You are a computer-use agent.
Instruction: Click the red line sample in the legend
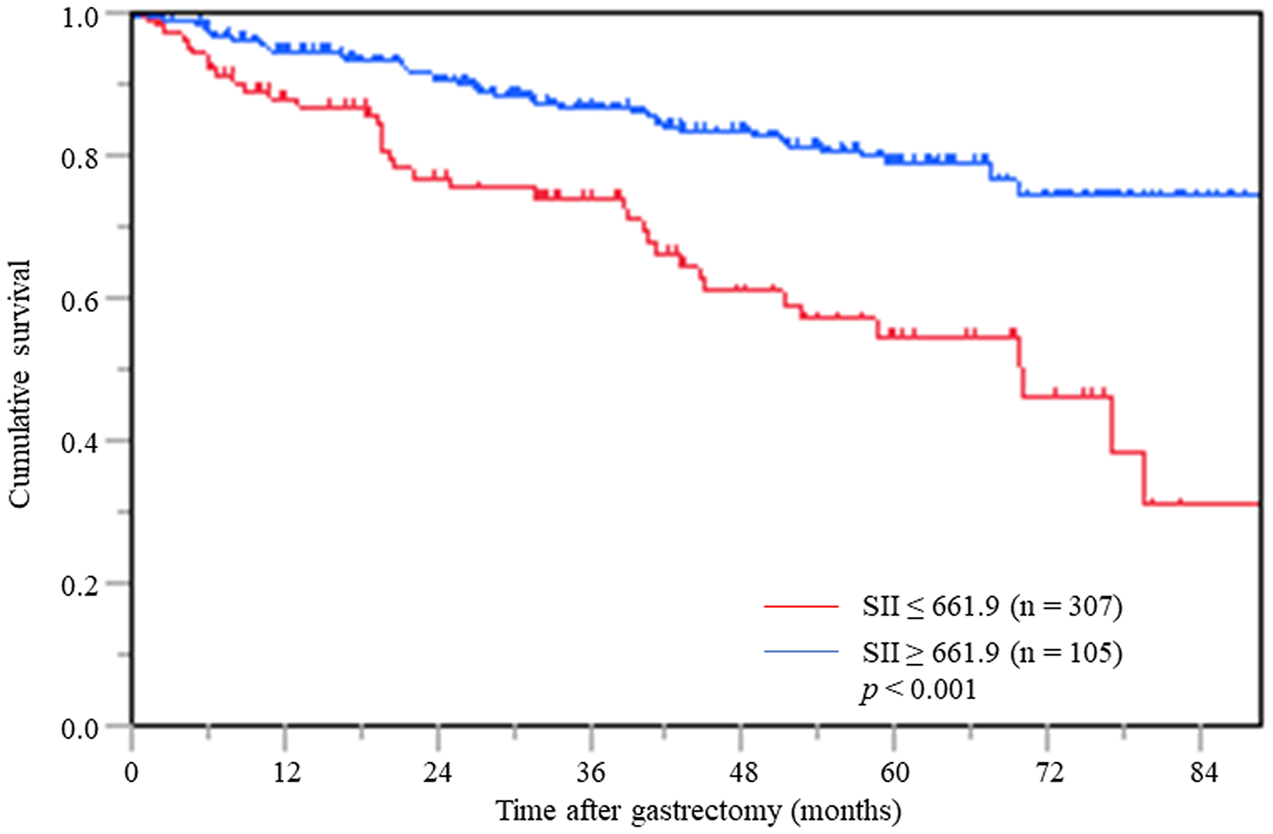click(801, 607)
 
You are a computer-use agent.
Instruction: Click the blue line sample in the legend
click(801, 651)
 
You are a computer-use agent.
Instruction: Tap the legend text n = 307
click(1066, 607)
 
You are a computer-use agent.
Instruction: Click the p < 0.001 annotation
click(918, 689)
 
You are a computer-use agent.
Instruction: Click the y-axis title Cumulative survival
click(20, 384)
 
